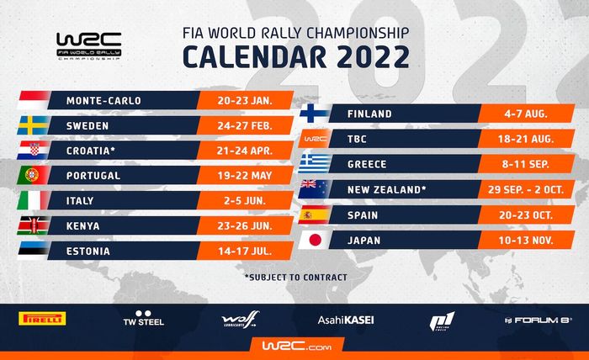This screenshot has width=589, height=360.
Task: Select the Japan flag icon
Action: [314, 241]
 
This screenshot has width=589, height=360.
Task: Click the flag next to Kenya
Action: [34, 225]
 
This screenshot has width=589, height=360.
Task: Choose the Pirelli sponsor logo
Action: [41, 320]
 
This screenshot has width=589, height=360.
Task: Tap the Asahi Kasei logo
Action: [345, 320]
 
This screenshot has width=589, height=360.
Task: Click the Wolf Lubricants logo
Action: [239, 320]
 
